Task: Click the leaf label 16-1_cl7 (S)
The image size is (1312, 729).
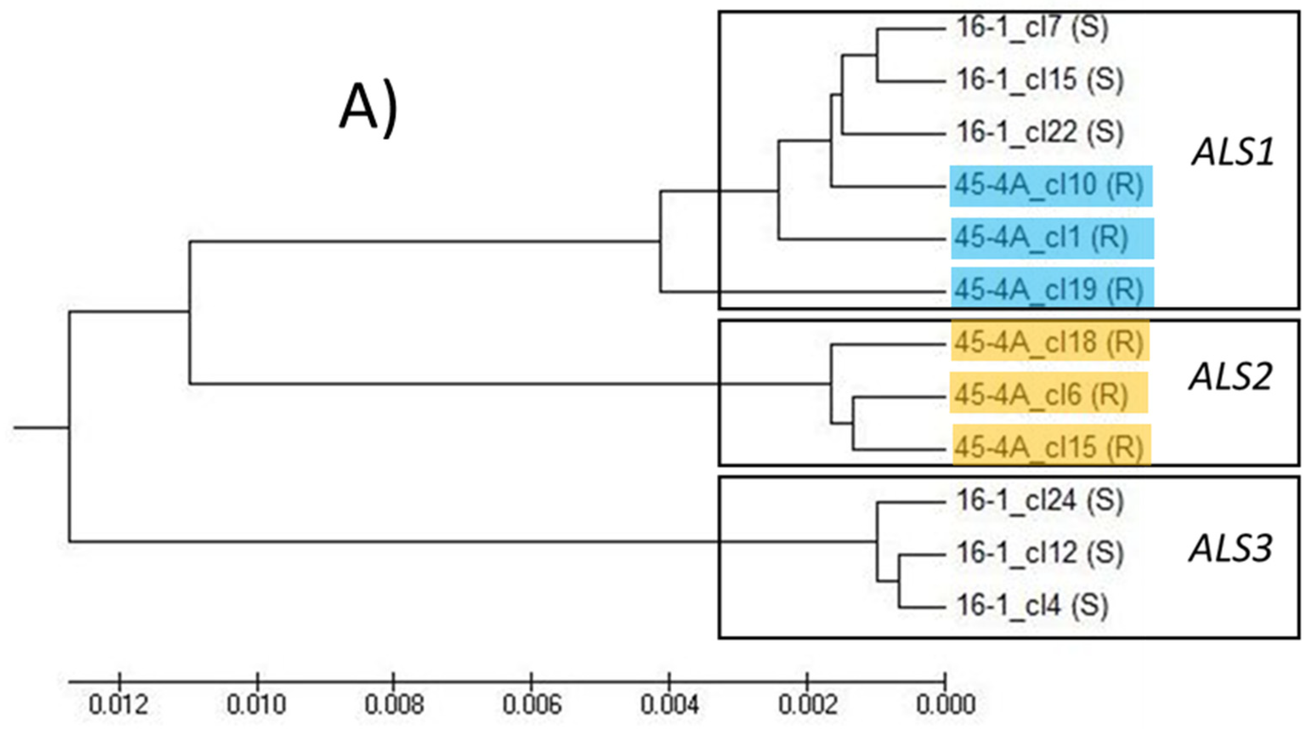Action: click(1032, 28)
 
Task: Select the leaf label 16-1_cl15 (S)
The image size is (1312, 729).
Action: click(1040, 80)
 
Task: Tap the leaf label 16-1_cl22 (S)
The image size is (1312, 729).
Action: click(1040, 133)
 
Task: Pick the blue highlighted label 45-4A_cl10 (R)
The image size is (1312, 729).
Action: click(1050, 185)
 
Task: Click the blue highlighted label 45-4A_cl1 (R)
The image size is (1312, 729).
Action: click(1042, 238)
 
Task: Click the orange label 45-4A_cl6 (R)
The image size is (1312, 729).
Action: click(1042, 395)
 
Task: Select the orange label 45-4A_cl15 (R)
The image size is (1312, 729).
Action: click(1049, 448)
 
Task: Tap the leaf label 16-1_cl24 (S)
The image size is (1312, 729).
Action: click(1040, 500)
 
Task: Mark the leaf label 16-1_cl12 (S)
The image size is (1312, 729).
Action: click(1040, 553)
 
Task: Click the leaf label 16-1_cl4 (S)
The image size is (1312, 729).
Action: click(1032, 605)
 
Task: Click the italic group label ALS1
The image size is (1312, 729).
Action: click(1233, 153)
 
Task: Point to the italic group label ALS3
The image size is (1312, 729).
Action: click(1230, 549)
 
